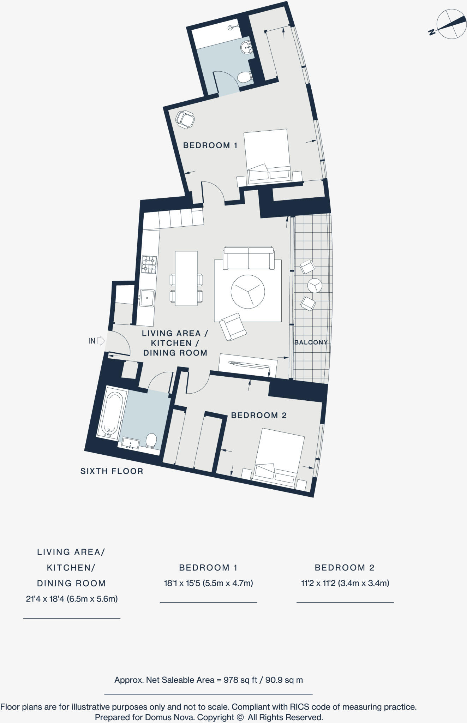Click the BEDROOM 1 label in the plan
(x=210, y=145)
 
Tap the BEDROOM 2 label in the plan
(x=258, y=415)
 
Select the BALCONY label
(x=311, y=342)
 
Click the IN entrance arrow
(x=101, y=341)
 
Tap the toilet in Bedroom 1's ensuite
(x=244, y=77)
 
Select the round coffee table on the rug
(x=248, y=292)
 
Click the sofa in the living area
(x=249, y=258)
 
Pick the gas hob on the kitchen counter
(x=149, y=265)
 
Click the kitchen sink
(x=147, y=298)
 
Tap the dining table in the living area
(x=186, y=278)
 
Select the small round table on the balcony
(x=315, y=285)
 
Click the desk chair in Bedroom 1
(x=185, y=119)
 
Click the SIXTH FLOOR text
(x=112, y=471)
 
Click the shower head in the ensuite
(x=231, y=27)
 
